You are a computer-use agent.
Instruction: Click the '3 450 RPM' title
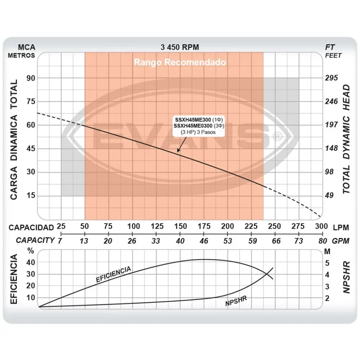point(180,47)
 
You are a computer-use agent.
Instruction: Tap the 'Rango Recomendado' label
point(180,62)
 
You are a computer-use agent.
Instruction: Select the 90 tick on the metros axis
point(31,78)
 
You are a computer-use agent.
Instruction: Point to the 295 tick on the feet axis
point(332,78)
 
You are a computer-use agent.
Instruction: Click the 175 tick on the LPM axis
point(204,226)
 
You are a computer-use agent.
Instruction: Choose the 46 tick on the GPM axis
point(204,241)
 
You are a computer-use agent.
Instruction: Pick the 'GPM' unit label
point(341,241)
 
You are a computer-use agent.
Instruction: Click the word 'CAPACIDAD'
point(31,228)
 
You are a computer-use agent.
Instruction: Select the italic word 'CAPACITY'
point(35,240)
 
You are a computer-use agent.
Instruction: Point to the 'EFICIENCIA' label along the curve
point(113,274)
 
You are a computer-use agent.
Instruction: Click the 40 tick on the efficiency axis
point(31,262)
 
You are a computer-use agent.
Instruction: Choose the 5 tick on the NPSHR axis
point(327,263)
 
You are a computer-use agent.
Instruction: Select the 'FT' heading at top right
point(330,47)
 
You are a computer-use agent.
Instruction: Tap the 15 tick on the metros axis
point(31,196)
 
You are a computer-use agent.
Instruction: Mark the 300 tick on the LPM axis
point(321,226)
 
